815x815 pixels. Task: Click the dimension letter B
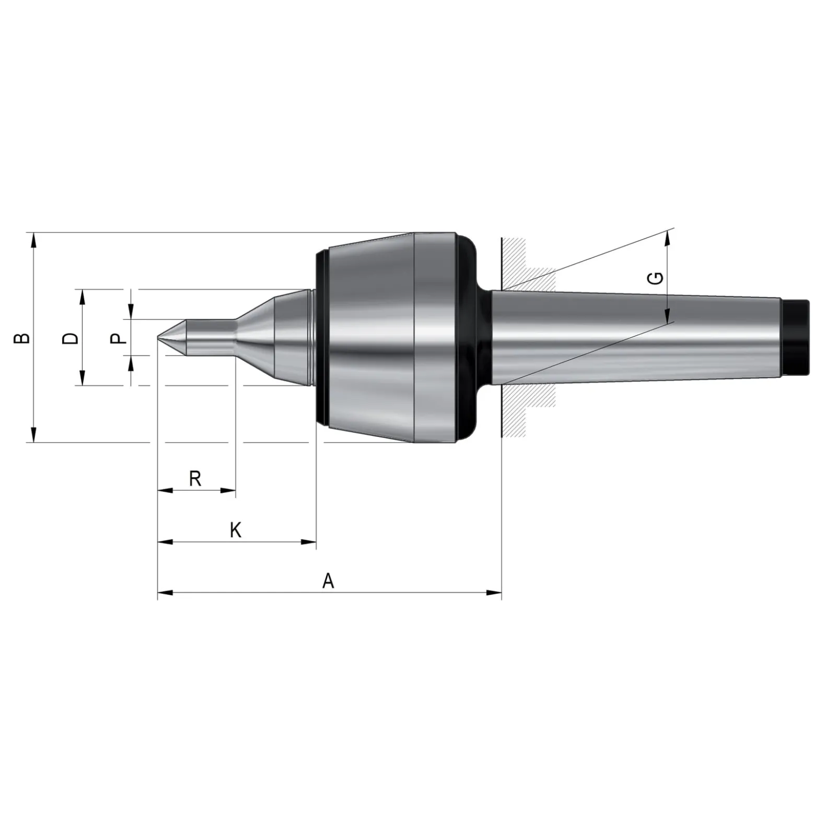pos(22,338)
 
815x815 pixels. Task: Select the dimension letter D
pos(70,338)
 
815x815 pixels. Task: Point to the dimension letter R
pos(195,478)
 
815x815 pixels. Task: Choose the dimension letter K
pos(236,530)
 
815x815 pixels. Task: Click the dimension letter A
pos(328,580)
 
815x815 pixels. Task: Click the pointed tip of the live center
pos(158,337)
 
